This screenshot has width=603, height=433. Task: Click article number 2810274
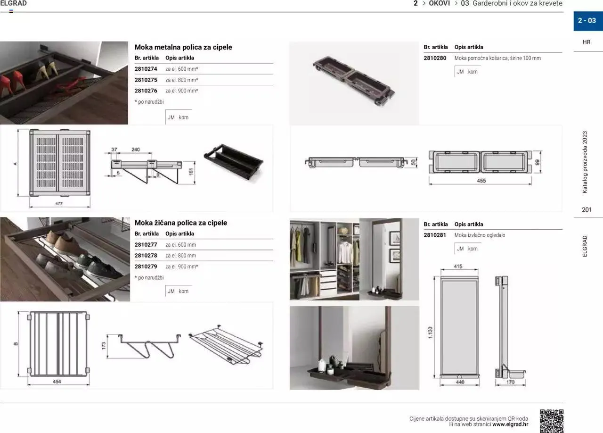(x=146, y=69)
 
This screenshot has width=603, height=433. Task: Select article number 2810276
(x=146, y=91)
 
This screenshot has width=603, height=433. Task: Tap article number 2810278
(x=146, y=255)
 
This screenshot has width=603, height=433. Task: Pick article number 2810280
(x=435, y=58)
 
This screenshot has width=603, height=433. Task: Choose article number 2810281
(x=435, y=235)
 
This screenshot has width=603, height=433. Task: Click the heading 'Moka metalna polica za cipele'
(x=183, y=47)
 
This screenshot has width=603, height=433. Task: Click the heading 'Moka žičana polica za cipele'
(x=180, y=223)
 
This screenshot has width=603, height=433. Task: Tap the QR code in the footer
(x=551, y=421)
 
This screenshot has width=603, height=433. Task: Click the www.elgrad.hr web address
(x=510, y=424)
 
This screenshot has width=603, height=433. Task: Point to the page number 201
(x=587, y=209)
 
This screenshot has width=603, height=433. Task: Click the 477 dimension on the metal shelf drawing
(x=59, y=204)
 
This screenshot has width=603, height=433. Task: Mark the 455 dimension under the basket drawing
(x=481, y=181)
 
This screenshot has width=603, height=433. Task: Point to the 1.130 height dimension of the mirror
(x=430, y=333)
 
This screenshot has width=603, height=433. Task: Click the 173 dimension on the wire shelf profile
(x=104, y=346)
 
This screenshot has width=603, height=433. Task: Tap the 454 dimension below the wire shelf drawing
(x=57, y=382)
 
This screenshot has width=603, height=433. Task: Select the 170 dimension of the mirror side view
(x=510, y=382)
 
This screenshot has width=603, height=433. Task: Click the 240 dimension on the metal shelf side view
(x=135, y=150)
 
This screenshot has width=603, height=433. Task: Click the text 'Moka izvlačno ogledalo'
(x=480, y=235)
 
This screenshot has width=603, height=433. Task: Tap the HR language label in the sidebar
(x=587, y=42)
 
